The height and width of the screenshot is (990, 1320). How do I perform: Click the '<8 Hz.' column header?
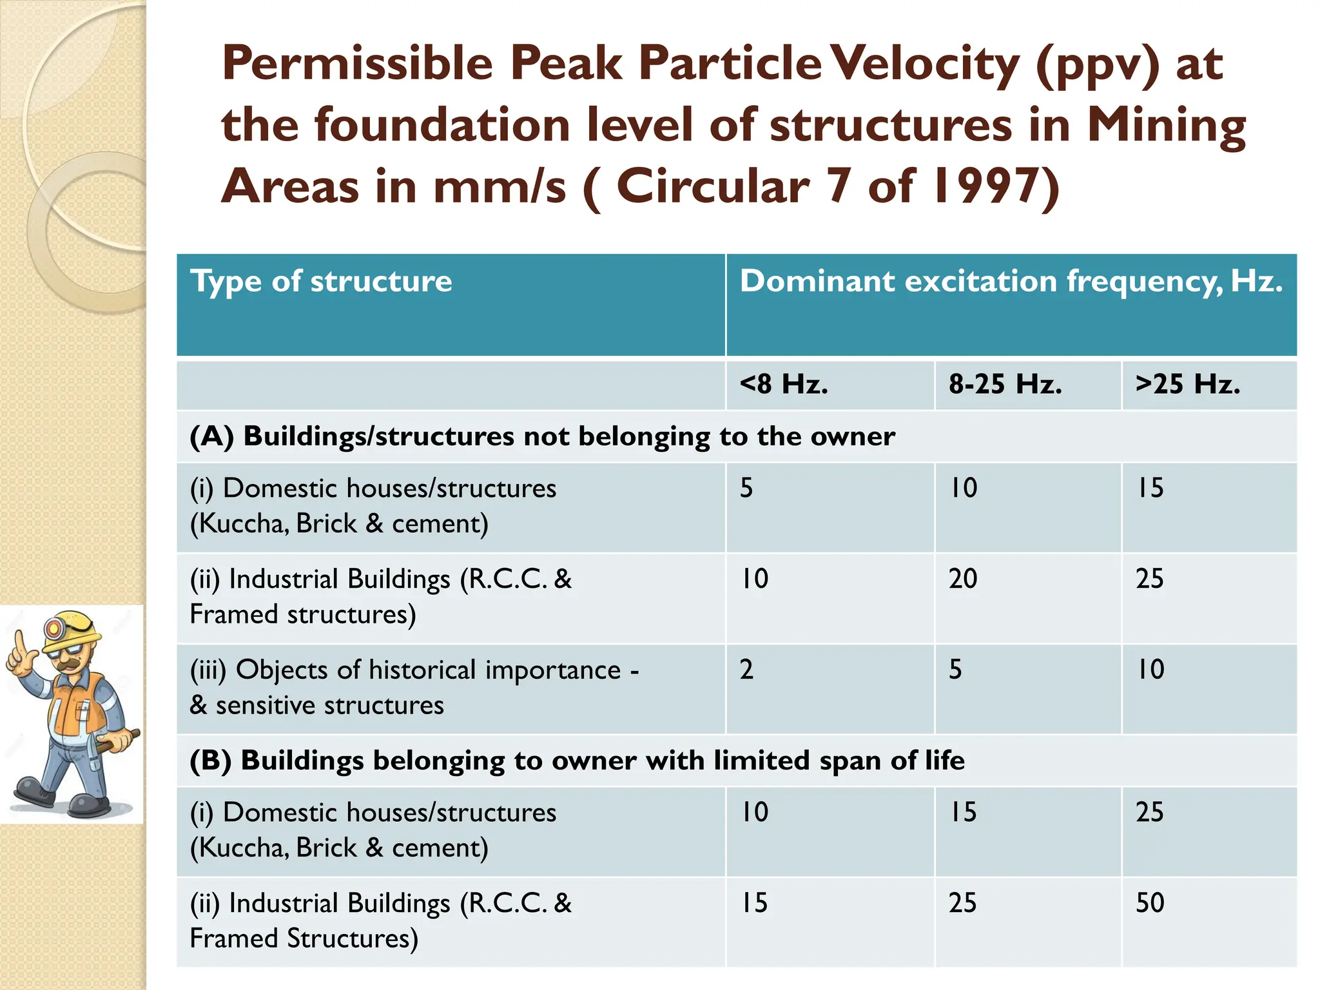tap(784, 384)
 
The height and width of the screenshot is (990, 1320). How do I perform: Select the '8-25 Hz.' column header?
tap(1005, 384)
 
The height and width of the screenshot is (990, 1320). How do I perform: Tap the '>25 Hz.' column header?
tap(1187, 384)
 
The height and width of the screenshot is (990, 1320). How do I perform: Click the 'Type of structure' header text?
tap(321, 282)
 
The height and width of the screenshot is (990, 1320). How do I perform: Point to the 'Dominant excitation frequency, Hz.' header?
tap(1011, 282)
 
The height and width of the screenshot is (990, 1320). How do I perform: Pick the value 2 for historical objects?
tap(746, 670)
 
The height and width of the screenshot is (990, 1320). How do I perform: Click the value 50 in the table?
tap(1150, 903)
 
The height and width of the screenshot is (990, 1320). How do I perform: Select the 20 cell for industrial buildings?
tap(962, 579)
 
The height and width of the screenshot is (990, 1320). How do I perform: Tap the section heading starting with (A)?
tap(541, 436)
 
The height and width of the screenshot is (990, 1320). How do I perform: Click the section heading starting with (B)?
tap(577, 761)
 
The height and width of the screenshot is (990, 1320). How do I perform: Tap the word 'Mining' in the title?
tap(1166, 126)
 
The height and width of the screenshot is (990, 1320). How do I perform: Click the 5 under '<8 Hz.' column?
tap(746, 488)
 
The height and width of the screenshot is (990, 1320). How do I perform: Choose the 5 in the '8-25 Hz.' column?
tap(955, 670)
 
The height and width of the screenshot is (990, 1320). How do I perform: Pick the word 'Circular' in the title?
tap(712, 186)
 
